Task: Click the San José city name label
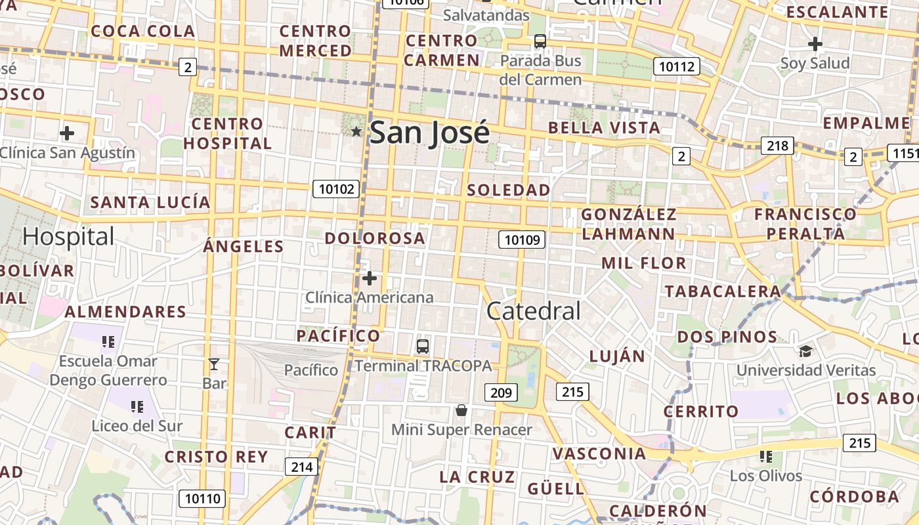tap(429, 133)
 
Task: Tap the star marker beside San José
tap(356, 132)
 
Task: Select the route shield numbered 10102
tap(337, 190)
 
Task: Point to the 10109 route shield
tap(523, 240)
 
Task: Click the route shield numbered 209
tap(502, 393)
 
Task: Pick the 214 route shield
tap(301, 467)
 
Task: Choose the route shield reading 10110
tap(202, 498)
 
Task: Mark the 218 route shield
tap(777, 146)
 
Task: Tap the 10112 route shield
tap(677, 66)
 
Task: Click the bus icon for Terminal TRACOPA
tap(423, 346)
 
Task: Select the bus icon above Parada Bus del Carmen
tap(540, 41)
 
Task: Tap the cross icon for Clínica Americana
tap(370, 278)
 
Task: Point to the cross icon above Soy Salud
tap(815, 44)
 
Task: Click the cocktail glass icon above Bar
tap(214, 364)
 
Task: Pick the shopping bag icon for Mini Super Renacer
tap(461, 411)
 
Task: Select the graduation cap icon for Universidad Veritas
tap(805, 351)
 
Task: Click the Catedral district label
tap(534, 311)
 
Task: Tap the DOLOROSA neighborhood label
tap(375, 238)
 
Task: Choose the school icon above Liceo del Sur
tap(137, 407)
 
